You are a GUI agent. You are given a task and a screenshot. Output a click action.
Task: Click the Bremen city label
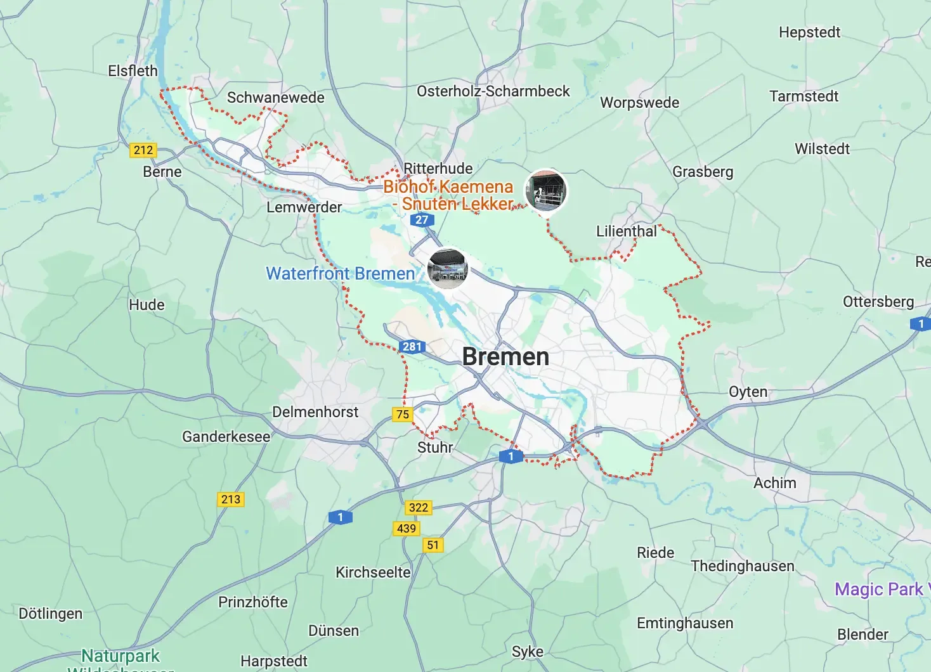[505, 357]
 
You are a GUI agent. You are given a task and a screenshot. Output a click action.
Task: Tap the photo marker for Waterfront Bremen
[448, 268]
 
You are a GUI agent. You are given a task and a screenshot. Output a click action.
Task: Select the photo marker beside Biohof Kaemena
[546, 190]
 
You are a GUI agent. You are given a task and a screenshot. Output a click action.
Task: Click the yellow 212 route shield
[143, 150]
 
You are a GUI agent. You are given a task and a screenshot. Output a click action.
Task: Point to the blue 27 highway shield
[422, 220]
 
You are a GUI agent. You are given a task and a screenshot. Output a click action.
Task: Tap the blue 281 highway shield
[412, 346]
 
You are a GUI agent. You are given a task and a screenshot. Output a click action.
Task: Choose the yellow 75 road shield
[403, 415]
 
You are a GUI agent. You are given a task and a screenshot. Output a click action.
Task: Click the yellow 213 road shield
[231, 500]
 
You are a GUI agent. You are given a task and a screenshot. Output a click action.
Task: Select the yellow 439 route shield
[407, 529]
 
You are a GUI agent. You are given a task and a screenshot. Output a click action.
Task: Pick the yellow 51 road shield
[433, 545]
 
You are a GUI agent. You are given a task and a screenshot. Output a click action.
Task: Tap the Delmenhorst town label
[315, 412]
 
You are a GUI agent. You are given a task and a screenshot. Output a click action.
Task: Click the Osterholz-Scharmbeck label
[493, 91]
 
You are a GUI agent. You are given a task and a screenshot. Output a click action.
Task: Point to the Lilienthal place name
[627, 231]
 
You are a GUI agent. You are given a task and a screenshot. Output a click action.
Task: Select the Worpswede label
[639, 103]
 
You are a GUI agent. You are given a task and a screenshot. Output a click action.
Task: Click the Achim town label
[774, 483]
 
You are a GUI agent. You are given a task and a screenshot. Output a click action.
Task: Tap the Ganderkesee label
[226, 437]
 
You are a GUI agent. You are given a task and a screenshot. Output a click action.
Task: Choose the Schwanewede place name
[275, 98]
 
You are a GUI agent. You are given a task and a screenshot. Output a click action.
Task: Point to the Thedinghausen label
[742, 566]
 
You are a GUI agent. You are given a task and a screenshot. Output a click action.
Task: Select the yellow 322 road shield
[419, 508]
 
